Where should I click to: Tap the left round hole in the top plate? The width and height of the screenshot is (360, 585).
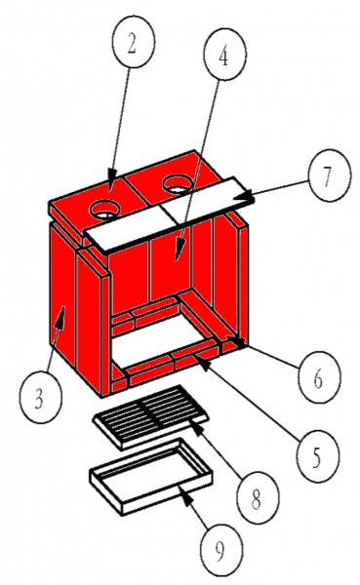[x=105, y=208]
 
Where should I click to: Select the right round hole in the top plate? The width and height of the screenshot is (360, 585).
[x=180, y=182]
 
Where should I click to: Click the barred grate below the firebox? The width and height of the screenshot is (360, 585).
[x=153, y=412]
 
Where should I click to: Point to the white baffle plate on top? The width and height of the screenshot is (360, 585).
[x=171, y=219]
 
